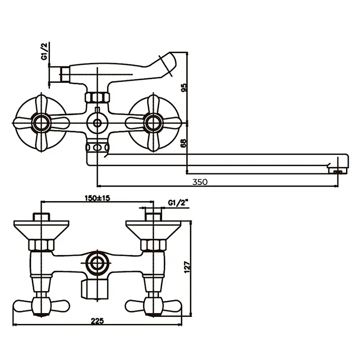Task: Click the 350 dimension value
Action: [x=200, y=182]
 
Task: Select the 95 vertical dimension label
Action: [x=184, y=87]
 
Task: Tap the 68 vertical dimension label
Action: [x=184, y=143]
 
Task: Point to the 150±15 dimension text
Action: [x=98, y=197]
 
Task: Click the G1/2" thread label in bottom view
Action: [x=178, y=203]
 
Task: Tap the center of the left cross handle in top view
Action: [x=42, y=123]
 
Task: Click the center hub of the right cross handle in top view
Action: [x=154, y=123]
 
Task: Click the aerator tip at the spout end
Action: [x=338, y=172]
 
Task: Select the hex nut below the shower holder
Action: [x=97, y=97]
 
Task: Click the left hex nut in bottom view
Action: [x=42, y=245]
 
